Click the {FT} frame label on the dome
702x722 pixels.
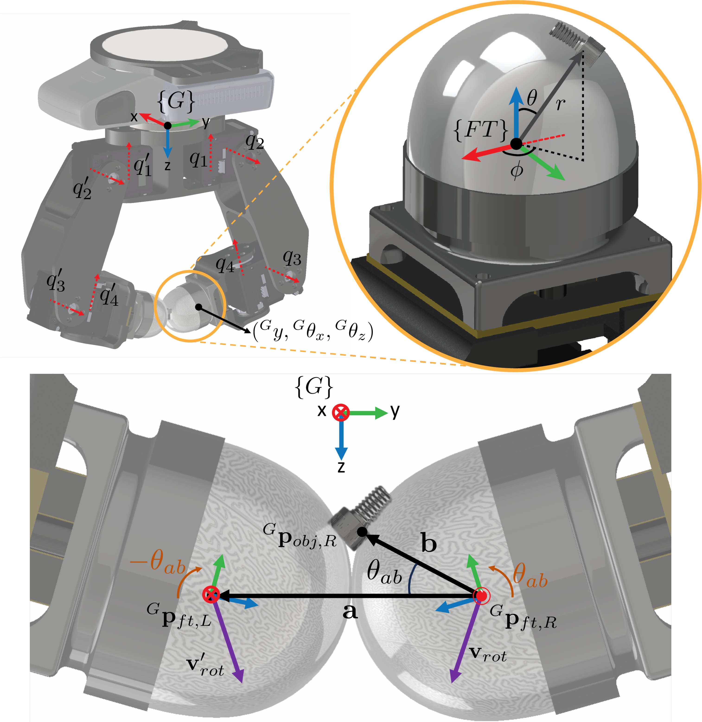pyautogui.click(x=480, y=130)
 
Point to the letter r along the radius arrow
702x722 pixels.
pyautogui.click(x=560, y=104)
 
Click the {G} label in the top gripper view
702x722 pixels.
pyautogui.click(x=176, y=100)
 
